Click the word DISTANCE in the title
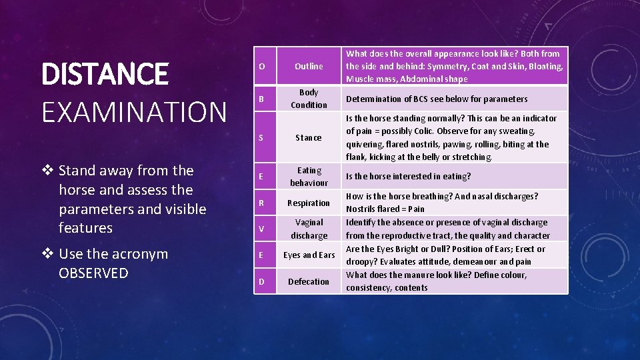point(105,74)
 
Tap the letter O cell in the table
point(261,66)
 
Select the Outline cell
point(309,66)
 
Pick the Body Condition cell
point(309,99)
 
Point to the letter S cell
point(261,138)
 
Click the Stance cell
point(309,138)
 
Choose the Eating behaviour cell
point(309,177)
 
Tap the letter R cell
point(261,203)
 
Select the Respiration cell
point(309,203)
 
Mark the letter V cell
point(261,229)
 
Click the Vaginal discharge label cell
point(309,229)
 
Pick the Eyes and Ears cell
point(309,255)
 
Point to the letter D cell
point(261,282)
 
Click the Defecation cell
point(309,281)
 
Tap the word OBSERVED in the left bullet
point(93,273)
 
